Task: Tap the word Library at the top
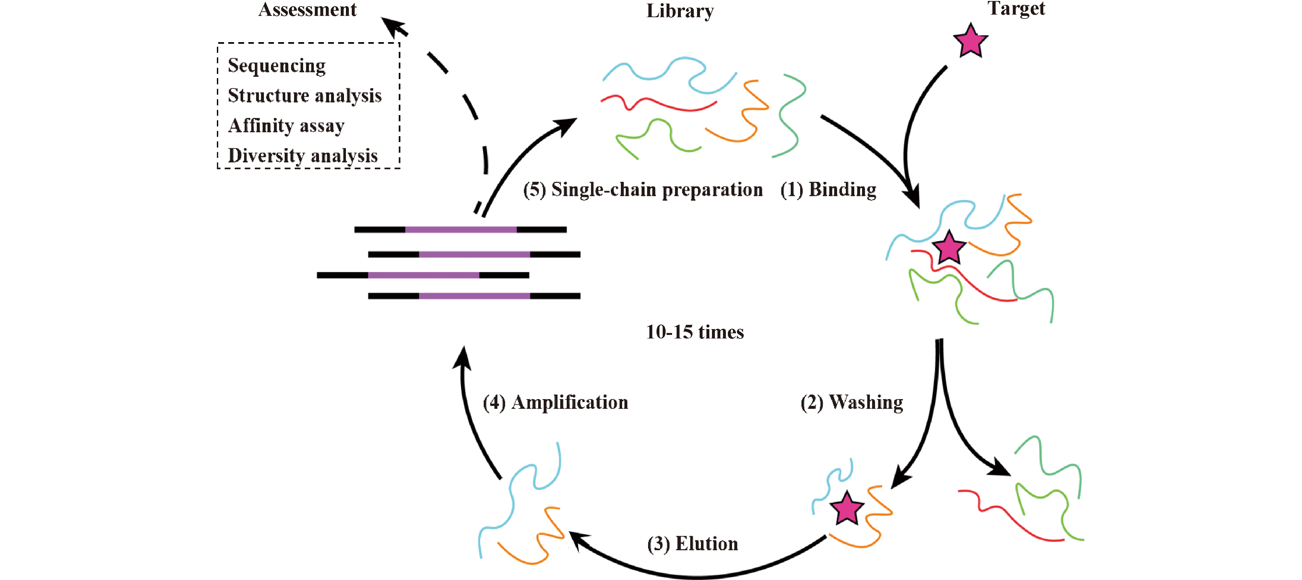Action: click(x=680, y=11)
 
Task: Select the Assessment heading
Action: click(x=307, y=9)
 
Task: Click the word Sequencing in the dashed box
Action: click(x=277, y=66)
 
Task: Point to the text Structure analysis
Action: click(x=304, y=96)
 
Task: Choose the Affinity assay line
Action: click(x=286, y=125)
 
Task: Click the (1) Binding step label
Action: click(x=828, y=189)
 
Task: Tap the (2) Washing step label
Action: click(x=852, y=402)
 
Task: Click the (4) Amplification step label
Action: click(x=555, y=402)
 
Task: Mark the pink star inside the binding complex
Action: click(x=949, y=248)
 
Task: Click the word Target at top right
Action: click(x=1016, y=8)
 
